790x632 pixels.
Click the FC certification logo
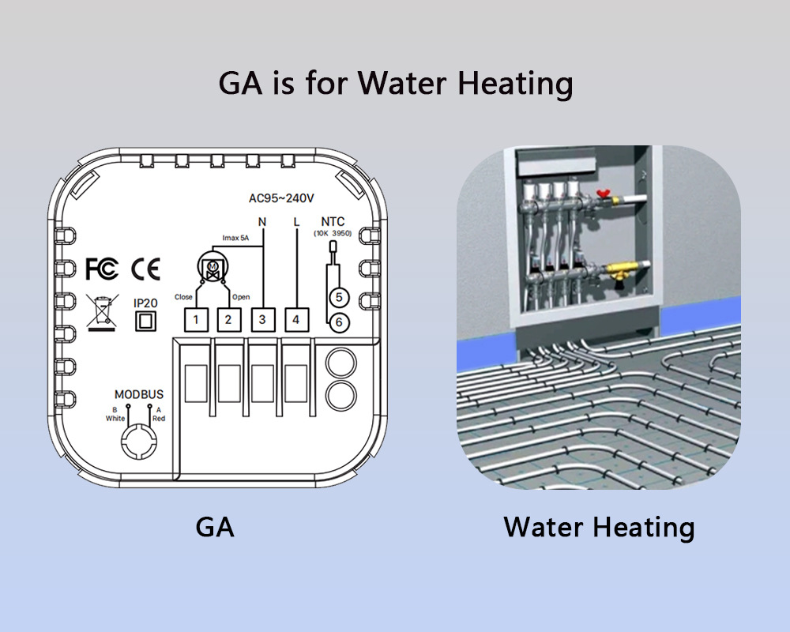point(101,269)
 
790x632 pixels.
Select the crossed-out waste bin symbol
point(100,310)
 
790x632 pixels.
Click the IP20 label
point(145,303)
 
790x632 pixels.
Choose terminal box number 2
point(228,320)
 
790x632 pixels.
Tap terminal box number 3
point(261,320)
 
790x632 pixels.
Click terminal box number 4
point(295,320)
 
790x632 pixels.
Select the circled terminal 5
point(338,298)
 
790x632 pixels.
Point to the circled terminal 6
point(338,322)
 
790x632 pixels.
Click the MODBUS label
point(138,394)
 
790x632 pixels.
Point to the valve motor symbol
point(212,269)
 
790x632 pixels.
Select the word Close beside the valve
point(183,297)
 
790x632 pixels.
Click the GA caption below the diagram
point(215,527)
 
